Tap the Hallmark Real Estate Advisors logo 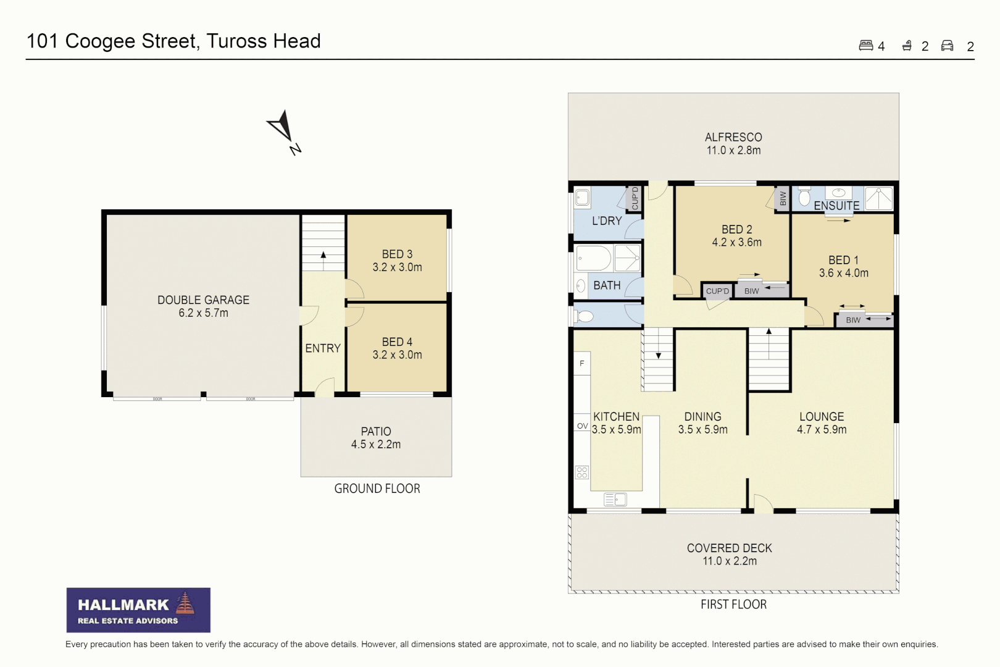click(138, 610)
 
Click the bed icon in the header click(866, 46)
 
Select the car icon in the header click(948, 46)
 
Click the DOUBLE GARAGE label click(203, 300)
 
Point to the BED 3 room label click(397, 254)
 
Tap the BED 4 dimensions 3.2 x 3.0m click(397, 354)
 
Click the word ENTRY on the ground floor click(323, 348)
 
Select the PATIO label click(376, 432)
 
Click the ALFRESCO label click(733, 137)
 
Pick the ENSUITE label click(836, 206)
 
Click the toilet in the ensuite click(804, 196)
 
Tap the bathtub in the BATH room click(594, 258)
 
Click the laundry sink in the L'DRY click(582, 198)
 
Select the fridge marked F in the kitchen click(581, 363)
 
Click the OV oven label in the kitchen click(582, 426)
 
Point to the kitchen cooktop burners click(582, 472)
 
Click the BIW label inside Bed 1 click(853, 320)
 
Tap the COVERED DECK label click(730, 548)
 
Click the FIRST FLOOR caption click(733, 605)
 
